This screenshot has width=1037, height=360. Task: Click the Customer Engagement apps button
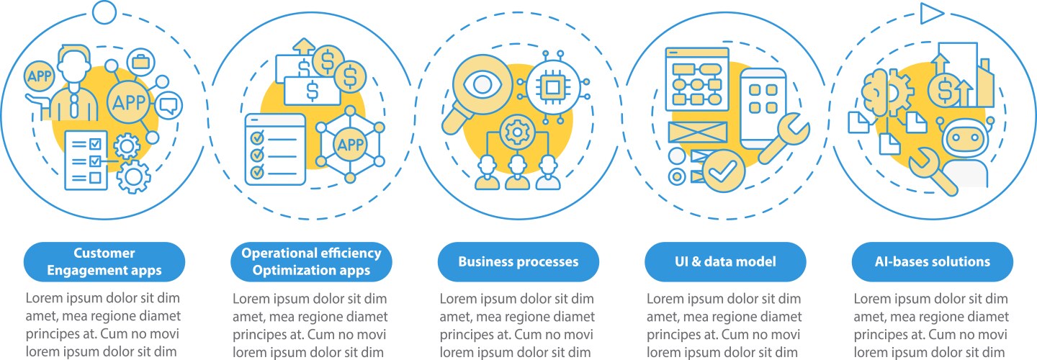click(x=104, y=261)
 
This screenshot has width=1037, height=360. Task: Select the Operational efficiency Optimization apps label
click(x=311, y=261)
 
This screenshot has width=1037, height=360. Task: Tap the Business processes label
click(x=518, y=261)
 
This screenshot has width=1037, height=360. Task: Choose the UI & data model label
click(x=725, y=261)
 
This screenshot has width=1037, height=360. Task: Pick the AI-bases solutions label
click(x=933, y=261)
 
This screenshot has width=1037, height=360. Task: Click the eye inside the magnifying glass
click(x=482, y=85)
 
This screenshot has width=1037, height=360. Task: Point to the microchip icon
click(x=552, y=86)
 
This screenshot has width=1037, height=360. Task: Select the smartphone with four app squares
click(x=763, y=108)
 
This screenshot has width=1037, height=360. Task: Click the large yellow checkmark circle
click(x=724, y=171)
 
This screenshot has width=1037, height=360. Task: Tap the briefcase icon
click(x=140, y=61)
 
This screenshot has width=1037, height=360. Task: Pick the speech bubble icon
click(x=168, y=106)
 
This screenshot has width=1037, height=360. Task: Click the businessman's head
click(x=74, y=65)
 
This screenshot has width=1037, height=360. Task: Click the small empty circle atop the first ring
click(x=104, y=12)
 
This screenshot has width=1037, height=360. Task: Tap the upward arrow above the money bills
click(x=304, y=46)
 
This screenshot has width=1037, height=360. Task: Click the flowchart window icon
click(x=697, y=79)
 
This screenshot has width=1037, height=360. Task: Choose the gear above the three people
click(x=518, y=132)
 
